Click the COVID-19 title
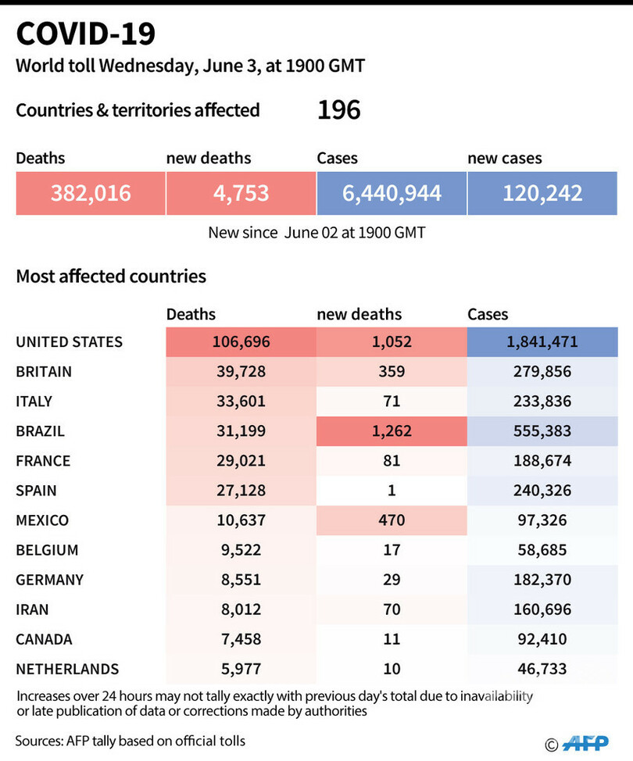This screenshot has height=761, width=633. (x=85, y=34)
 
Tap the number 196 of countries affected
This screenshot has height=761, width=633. (x=339, y=109)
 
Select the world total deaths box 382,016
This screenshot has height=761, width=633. (x=91, y=193)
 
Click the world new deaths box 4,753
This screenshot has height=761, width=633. (x=241, y=193)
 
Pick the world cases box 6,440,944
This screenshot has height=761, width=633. (x=392, y=193)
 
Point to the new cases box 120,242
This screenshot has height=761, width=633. (x=542, y=193)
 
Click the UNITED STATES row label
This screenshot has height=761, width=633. (x=70, y=342)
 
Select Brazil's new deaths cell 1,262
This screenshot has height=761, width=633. (x=392, y=431)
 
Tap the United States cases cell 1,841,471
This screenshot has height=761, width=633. (x=542, y=342)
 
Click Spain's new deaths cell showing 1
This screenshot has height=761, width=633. (x=392, y=491)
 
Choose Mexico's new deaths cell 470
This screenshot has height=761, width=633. (x=392, y=520)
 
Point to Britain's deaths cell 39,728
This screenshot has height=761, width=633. (x=241, y=372)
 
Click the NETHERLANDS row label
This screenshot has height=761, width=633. (x=67, y=670)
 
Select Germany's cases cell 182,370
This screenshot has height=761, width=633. (x=542, y=580)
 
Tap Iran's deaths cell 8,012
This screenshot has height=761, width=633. (x=241, y=609)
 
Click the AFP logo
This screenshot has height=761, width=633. (x=585, y=743)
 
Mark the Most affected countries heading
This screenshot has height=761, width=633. (x=111, y=276)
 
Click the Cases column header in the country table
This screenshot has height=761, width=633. (x=488, y=315)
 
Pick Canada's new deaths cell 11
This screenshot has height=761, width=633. (x=392, y=639)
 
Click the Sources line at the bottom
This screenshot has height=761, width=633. (x=130, y=741)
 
